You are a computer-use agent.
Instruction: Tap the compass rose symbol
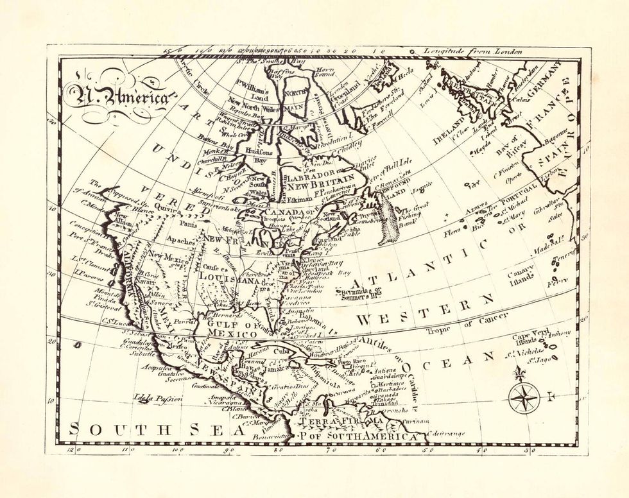524,398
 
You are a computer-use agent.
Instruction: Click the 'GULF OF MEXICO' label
235,329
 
